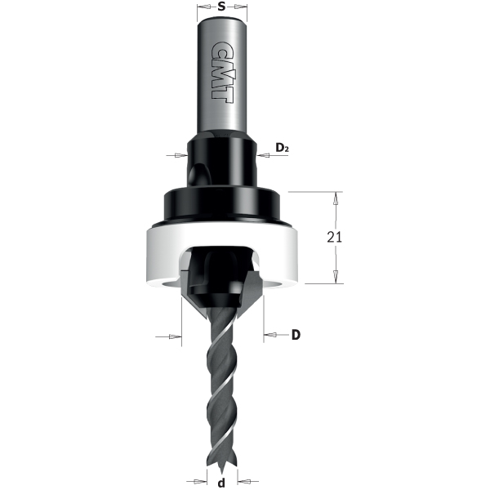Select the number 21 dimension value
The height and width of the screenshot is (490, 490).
click(333, 237)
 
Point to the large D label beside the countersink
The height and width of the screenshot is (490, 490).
click(297, 335)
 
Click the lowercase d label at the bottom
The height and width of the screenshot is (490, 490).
click(222, 482)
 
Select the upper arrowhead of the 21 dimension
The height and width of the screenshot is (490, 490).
click(333, 198)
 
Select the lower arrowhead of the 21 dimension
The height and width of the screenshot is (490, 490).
click(333, 278)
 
